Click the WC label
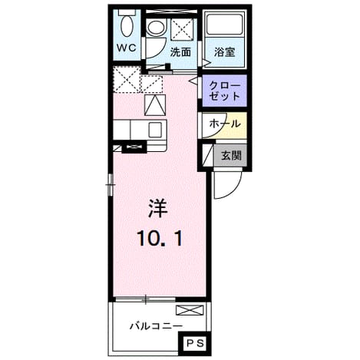click(127, 48)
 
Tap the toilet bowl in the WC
click(127, 25)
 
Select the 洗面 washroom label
click(180, 52)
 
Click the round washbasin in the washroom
click(156, 28)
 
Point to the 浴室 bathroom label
click(224, 52)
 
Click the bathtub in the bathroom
click(224, 25)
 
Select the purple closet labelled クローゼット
click(224, 91)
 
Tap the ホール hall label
click(225, 124)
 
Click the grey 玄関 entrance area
click(231, 155)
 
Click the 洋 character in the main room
click(158, 209)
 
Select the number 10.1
click(160, 238)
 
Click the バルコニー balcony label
click(157, 326)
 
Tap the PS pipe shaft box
click(195, 343)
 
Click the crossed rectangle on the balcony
click(190, 310)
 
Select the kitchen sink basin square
click(155, 130)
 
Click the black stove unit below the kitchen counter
click(134, 147)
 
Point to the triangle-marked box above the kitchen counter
click(155, 105)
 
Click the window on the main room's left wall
click(111, 184)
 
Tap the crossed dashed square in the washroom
click(181, 29)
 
